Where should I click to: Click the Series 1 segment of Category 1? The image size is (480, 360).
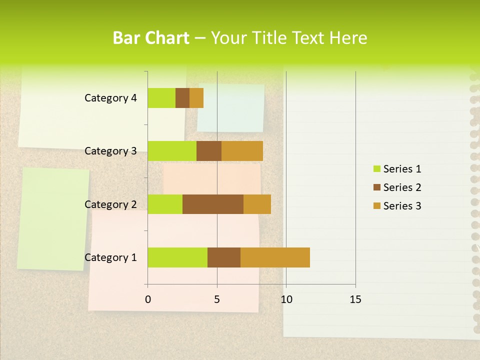(x=177, y=257)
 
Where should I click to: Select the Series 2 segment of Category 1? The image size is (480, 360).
(x=224, y=257)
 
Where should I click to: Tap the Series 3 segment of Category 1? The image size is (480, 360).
(x=275, y=257)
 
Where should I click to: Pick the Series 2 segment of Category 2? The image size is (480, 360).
(x=213, y=204)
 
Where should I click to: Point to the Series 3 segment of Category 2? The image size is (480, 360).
(x=257, y=204)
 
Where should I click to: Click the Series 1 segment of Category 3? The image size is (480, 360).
(x=172, y=151)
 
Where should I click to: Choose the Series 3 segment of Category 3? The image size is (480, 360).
(x=242, y=151)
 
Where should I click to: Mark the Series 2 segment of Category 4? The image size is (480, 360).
(x=182, y=98)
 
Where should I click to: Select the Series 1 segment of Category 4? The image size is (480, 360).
(x=161, y=98)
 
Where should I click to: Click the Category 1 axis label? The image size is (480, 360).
(x=110, y=257)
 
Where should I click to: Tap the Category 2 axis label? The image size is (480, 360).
(x=110, y=204)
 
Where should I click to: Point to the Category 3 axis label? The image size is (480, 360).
(x=110, y=151)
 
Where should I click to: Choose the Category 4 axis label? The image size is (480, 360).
(x=110, y=98)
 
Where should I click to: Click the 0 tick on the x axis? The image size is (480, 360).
(x=148, y=299)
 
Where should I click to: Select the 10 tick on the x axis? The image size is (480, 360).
(x=286, y=299)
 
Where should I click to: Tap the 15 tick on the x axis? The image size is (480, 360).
(x=355, y=299)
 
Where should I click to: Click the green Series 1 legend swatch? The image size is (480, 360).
(x=376, y=169)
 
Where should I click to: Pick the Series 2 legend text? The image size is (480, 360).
(x=402, y=187)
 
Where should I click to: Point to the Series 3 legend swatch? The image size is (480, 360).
(x=376, y=206)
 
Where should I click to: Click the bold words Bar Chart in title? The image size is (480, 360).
(x=150, y=38)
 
